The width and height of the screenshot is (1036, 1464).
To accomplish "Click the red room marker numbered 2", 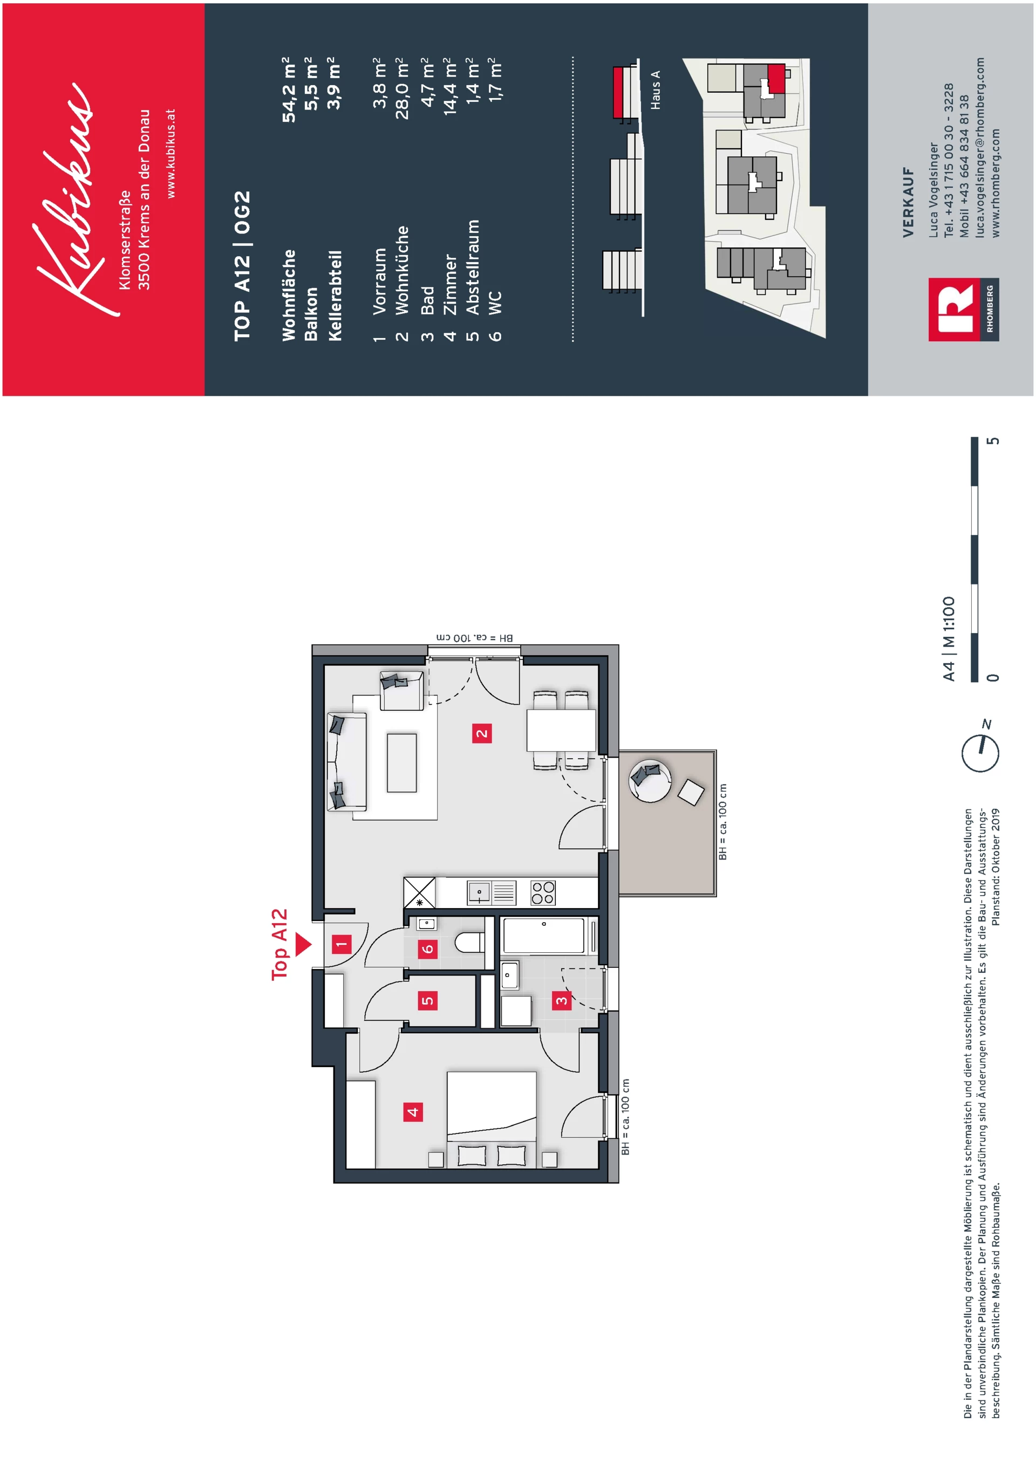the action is pyautogui.click(x=482, y=733).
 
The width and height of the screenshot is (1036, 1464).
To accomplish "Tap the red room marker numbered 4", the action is pyautogui.click(x=413, y=1112).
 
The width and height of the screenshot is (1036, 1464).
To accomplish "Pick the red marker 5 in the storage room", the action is pyautogui.click(x=427, y=1000).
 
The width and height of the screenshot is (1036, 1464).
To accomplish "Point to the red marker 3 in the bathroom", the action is pyautogui.click(x=561, y=1000).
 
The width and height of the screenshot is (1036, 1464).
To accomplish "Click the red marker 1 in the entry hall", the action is pyautogui.click(x=342, y=944).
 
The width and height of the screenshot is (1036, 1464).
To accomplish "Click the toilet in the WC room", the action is pyautogui.click(x=470, y=943).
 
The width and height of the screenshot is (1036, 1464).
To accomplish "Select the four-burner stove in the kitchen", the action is pyautogui.click(x=543, y=892).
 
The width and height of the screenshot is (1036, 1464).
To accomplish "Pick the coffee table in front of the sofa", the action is pyautogui.click(x=402, y=762).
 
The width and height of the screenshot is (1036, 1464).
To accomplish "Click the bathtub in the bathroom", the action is pyautogui.click(x=543, y=936).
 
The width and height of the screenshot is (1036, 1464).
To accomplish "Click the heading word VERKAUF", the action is pyautogui.click(x=909, y=202).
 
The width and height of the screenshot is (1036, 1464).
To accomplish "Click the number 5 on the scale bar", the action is pyautogui.click(x=993, y=441).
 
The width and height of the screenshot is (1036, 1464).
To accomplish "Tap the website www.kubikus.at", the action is pyautogui.click(x=171, y=153).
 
